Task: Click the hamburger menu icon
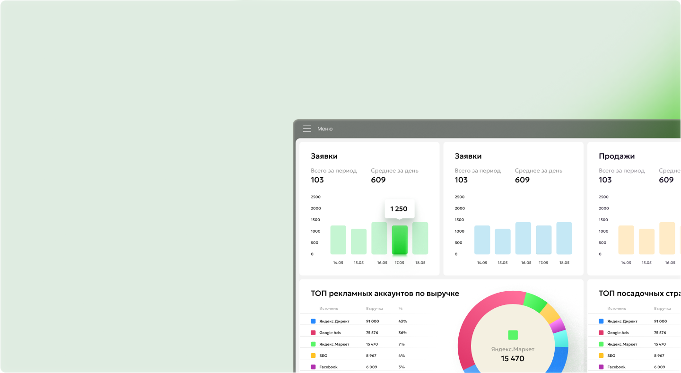pos(307,129)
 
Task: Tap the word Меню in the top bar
pos(325,129)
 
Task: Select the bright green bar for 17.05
pos(400,240)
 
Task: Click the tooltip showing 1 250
pos(399,208)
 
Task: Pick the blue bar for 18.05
pos(564,238)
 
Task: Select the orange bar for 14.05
pos(626,240)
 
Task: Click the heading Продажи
pos(617,156)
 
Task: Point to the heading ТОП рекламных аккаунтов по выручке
pos(384,293)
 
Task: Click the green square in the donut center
pos(513,335)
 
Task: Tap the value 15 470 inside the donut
pos(513,358)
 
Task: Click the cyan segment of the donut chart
pos(560,338)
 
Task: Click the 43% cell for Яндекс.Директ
pos(402,321)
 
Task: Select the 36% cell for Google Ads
pos(402,332)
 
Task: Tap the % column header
pos(401,308)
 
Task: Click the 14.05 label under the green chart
pos(338,262)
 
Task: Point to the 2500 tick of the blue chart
pos(459,197)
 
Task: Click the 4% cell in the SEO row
pos(402,355)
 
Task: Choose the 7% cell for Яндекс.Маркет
pos(402,344)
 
